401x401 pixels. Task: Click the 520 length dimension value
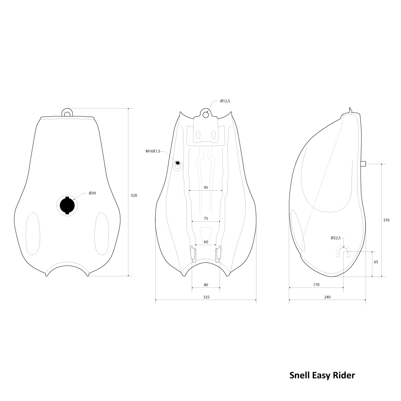pyautogui.click(x=134, y=195)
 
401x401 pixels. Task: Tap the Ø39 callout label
pyautogui.click(x=92, y=193)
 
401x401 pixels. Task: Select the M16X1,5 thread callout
pyautogui.click(x=153, y=151)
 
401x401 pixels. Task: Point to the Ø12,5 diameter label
pyautogui.click(x=225, y=101)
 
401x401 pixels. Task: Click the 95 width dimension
pyautogui.click(x=206, y=187)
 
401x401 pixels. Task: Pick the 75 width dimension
pyautogui.click(x=206, y=218)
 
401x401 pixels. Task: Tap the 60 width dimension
pyautogui.click(x=206, y=242)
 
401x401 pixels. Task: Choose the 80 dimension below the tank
pyautogui.click(x=206, y=285)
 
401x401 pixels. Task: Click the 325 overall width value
pyautogui.click(x=206, y=297)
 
